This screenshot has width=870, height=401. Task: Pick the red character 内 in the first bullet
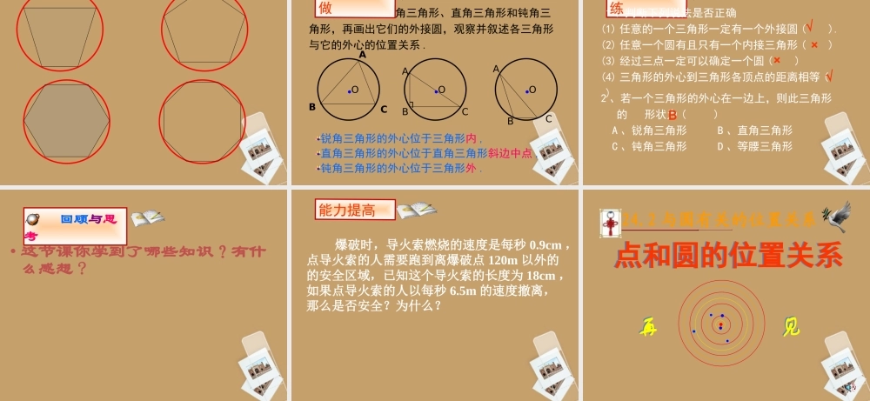(472, 138)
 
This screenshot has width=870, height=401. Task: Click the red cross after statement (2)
(813, 44)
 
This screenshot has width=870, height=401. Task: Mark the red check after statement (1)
(810, 28)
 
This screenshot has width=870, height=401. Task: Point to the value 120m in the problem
(504, 260)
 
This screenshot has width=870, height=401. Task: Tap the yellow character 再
(648, 327)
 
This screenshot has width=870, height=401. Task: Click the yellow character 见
(791, 327)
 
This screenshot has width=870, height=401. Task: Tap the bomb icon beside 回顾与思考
(34, 219)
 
